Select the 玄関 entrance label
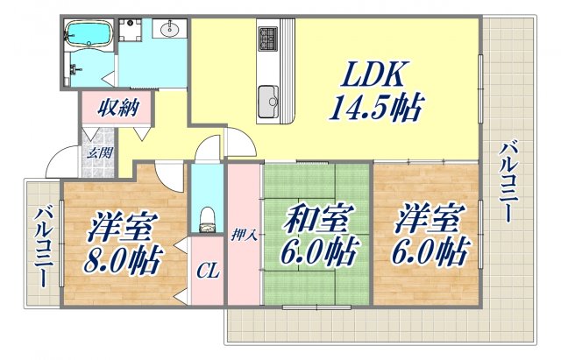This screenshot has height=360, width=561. click(98, 152)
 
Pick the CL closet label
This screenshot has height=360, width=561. click(208, 273)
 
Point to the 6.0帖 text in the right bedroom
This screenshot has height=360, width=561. click(427, 254)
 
